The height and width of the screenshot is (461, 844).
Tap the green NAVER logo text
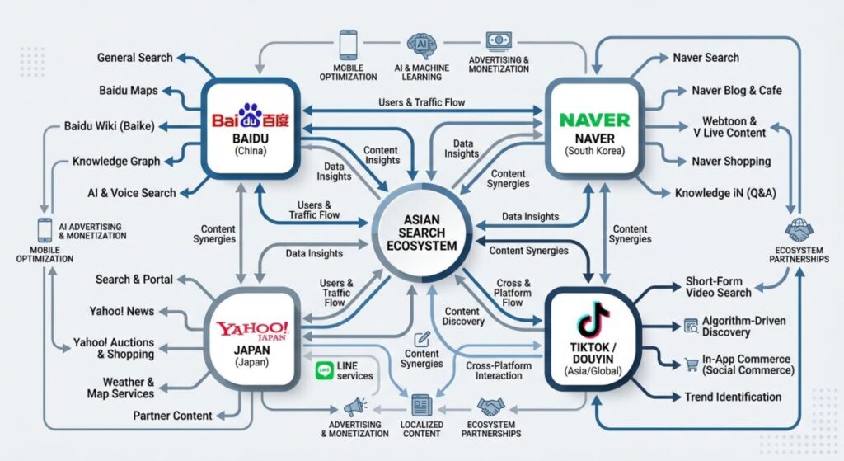[594, 120]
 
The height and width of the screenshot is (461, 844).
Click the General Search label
[134, 58]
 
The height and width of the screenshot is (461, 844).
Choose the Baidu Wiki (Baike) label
[115, 127]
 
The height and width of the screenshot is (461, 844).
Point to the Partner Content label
[172, 416]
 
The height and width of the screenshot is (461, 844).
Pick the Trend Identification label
[733, 397]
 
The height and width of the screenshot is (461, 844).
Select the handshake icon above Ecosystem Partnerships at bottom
[492, 407]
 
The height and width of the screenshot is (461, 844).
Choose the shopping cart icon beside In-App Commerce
[692, 363]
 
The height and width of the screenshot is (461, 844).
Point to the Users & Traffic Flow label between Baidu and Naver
[421, 102]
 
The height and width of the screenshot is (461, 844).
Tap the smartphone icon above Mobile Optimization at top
[347, 43]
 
